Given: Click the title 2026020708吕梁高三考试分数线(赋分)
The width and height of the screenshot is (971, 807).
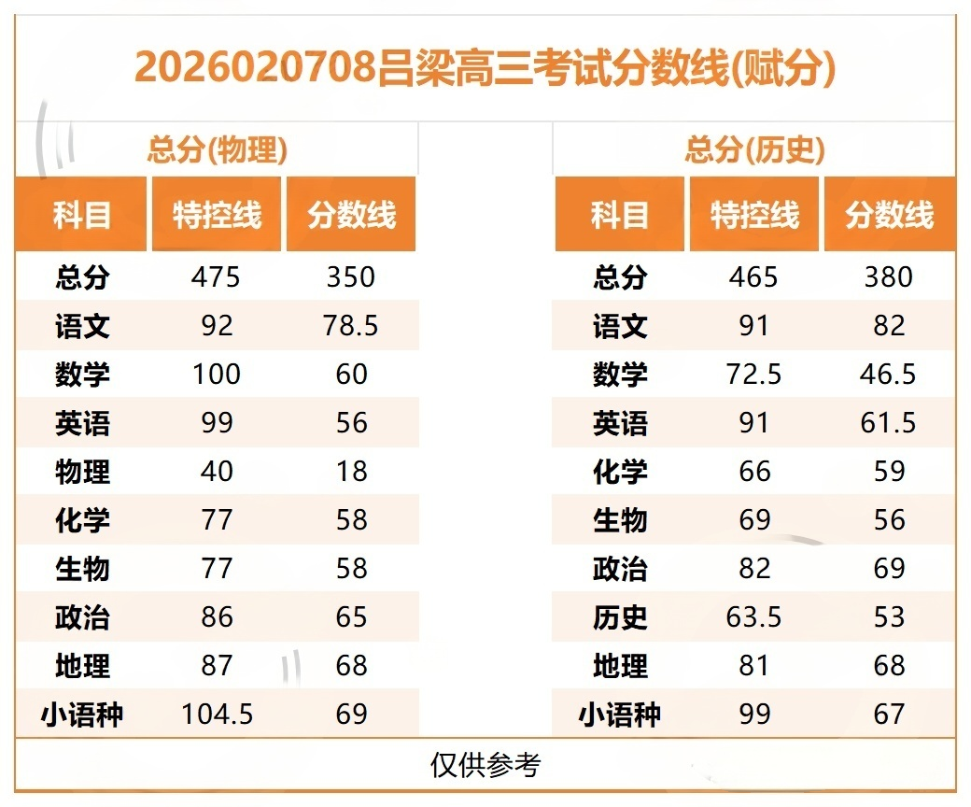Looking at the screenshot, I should pos(485,67).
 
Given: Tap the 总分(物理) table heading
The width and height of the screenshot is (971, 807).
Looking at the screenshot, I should pos(217,149).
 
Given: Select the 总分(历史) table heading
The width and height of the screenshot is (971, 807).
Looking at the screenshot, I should pos(754,149).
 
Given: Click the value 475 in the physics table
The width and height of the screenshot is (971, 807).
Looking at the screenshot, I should pos(216,277).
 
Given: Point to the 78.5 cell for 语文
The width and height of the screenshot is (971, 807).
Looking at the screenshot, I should pos(352,326).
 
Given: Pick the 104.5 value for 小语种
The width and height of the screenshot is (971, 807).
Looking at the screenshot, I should pos(216,715).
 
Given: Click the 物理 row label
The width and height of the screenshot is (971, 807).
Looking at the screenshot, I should pos(82,472).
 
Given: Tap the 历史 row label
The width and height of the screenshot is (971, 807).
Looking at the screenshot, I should pos(620,617).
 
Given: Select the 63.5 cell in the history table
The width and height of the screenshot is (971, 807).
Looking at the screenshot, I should pos(753,617).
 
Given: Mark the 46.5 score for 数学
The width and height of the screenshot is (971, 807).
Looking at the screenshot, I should pos(888,375).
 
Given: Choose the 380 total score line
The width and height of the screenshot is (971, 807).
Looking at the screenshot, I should pos(888,277).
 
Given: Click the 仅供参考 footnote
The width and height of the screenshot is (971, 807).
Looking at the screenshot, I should pos(485,765).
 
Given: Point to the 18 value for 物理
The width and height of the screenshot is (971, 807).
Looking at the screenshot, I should pos(352,472).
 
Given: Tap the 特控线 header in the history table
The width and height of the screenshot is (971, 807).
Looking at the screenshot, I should pos(754,216).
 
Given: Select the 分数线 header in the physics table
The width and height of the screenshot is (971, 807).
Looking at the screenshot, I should pos(351,216).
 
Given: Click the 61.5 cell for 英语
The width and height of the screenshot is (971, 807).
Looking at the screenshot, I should pos(888,423).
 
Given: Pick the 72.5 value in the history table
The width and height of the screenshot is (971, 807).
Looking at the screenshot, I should pos(753,375).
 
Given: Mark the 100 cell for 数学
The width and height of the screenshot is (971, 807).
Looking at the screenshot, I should pos(216,375).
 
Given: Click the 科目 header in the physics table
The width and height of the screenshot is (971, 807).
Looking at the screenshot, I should pos(82,216).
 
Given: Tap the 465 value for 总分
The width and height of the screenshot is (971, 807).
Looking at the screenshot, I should pos(753,277).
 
